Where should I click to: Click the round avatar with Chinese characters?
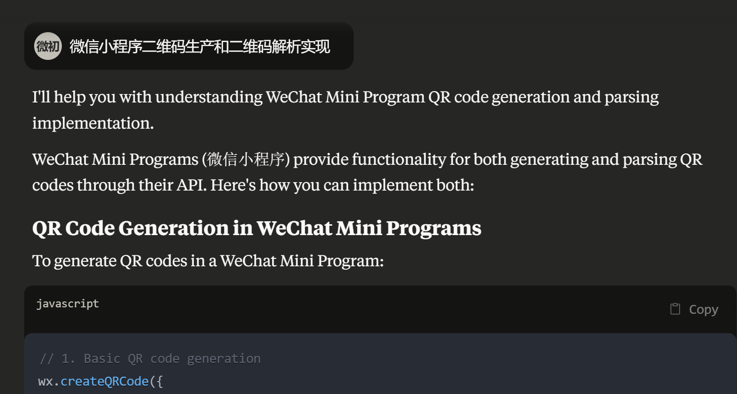[48, 46]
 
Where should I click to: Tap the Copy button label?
[703, 310]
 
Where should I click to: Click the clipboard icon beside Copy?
[675, 309]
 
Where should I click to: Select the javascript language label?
[67, 304]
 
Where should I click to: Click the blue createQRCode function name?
[105, 381]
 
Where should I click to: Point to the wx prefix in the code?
[45, 382]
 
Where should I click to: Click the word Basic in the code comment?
[102, 358]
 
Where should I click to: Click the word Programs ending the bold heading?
[434, 229]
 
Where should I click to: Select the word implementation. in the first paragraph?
[93, 123]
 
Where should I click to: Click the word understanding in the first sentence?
[209, 98]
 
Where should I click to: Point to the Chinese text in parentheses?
[246, 160]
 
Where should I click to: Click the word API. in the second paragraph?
[191, 185]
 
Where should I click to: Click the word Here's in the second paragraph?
[233, 185]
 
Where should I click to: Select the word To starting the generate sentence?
[42, 261]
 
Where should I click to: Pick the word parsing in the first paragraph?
[632, 98]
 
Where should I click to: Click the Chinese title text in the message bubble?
[200, 47]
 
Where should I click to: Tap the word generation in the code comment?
[224, 359]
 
